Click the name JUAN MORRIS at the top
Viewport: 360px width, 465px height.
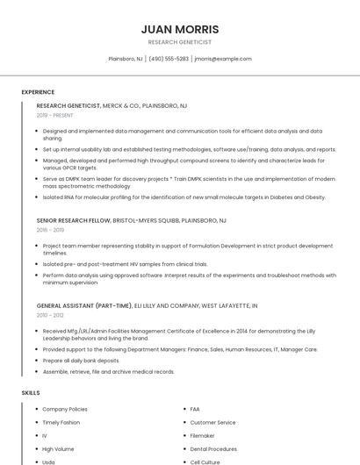(180, 29)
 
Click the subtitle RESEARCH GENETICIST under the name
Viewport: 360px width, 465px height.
(180, 42)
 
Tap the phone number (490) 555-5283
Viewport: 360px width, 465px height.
(169, 59)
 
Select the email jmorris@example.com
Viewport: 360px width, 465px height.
(223, 59)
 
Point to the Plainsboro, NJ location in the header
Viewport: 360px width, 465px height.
(126, 59)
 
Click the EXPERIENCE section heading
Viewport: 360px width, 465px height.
(38, 91)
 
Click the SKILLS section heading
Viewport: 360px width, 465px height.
(31, 392)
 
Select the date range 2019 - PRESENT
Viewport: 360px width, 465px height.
(55, 115)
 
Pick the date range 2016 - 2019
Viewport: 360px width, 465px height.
(50, 230)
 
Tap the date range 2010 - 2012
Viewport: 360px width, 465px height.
(49, 314)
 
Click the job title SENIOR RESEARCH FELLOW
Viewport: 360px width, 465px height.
(74, 220)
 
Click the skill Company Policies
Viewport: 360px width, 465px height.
(65, 409)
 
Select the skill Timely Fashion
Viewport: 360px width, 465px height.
(61, 422)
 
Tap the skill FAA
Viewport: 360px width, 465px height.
(195, 409)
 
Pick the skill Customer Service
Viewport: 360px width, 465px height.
(212, 422)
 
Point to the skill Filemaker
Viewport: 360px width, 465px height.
(202, 435)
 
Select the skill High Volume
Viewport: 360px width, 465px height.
(58, 448)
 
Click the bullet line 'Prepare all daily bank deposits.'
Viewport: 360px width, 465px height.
(81, 360)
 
